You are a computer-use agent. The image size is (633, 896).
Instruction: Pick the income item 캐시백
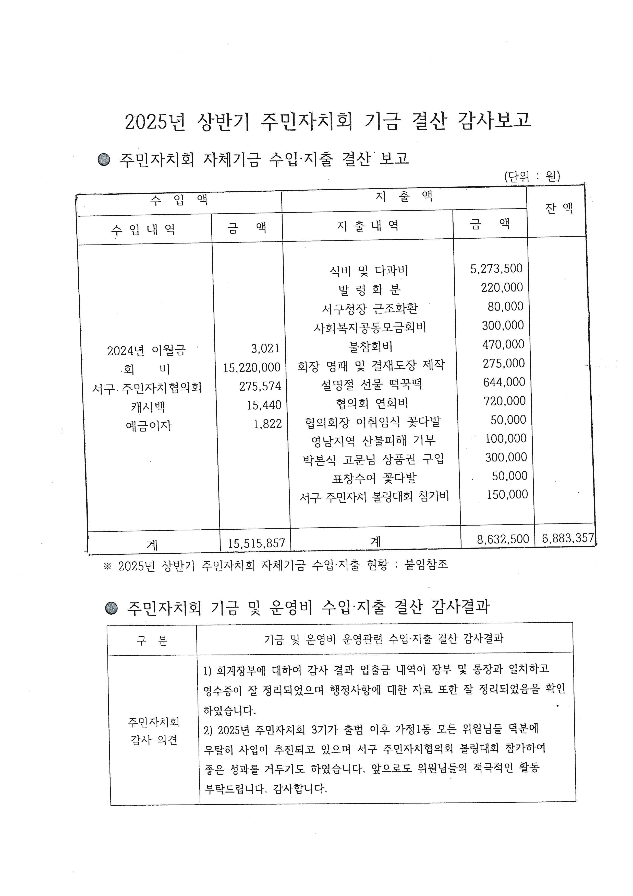point(148,407)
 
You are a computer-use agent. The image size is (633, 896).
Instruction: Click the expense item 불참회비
point(370,346)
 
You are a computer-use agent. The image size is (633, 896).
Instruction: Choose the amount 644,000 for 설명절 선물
point(504,382)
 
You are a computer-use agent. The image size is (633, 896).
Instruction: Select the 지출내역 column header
point(368,226)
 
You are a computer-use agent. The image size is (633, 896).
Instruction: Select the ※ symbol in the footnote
point(107,566)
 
